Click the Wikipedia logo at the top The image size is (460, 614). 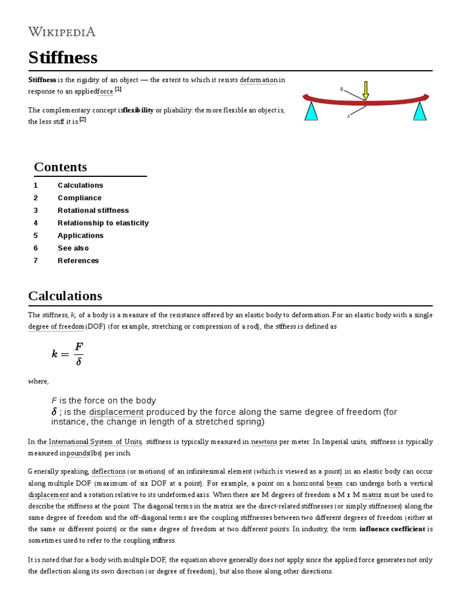[62, 32]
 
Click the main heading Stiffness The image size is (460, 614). [63, 58]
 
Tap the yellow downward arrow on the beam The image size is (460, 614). [365, 89]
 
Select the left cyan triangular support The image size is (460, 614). [311, 111]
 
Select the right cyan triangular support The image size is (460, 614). [420, 111]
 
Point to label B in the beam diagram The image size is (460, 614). [342, 89]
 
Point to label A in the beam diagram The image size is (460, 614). [348, 116]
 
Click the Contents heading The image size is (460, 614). [60, 167]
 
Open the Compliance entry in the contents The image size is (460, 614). [80, 198]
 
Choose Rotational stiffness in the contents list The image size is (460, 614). [93, 210]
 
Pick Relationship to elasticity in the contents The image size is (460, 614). [103, 223]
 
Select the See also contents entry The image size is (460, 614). [73, 248]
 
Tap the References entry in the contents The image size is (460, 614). [78, 261]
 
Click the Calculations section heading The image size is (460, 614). [65, 296]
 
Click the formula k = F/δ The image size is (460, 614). [68, 354]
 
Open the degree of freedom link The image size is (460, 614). [56, 327]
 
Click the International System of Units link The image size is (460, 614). [95, 442]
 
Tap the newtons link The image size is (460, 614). [264, 442]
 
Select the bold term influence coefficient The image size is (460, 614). [392, 529]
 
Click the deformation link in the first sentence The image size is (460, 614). [258, 80]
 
